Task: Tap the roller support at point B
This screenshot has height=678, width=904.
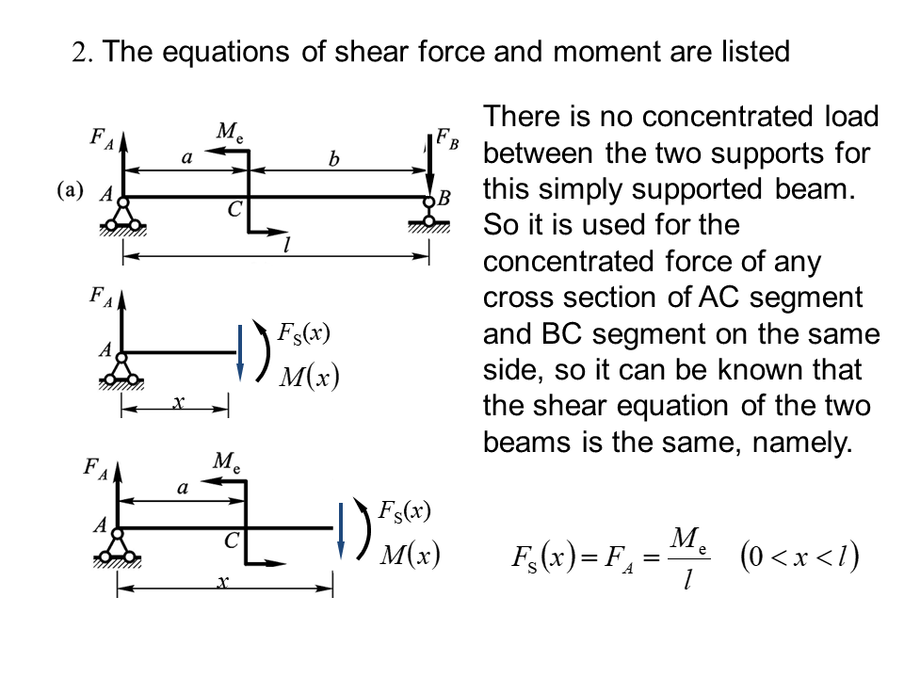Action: [x=430, y=218]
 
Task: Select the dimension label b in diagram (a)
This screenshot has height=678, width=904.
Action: [x=334, y=160]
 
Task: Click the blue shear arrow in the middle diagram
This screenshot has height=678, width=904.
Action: [x=240, y=352]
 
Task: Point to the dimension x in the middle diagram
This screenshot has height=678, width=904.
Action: [x=177, y=402]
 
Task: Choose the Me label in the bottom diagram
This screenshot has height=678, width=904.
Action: [x=226, y=461]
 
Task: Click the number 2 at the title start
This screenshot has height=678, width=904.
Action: [x=79, y=52]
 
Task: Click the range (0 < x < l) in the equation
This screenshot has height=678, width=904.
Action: [x=799, y=557]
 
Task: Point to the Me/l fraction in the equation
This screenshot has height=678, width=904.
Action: [x=688, y=558]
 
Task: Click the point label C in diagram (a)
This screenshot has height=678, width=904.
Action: [x=235, y=211]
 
